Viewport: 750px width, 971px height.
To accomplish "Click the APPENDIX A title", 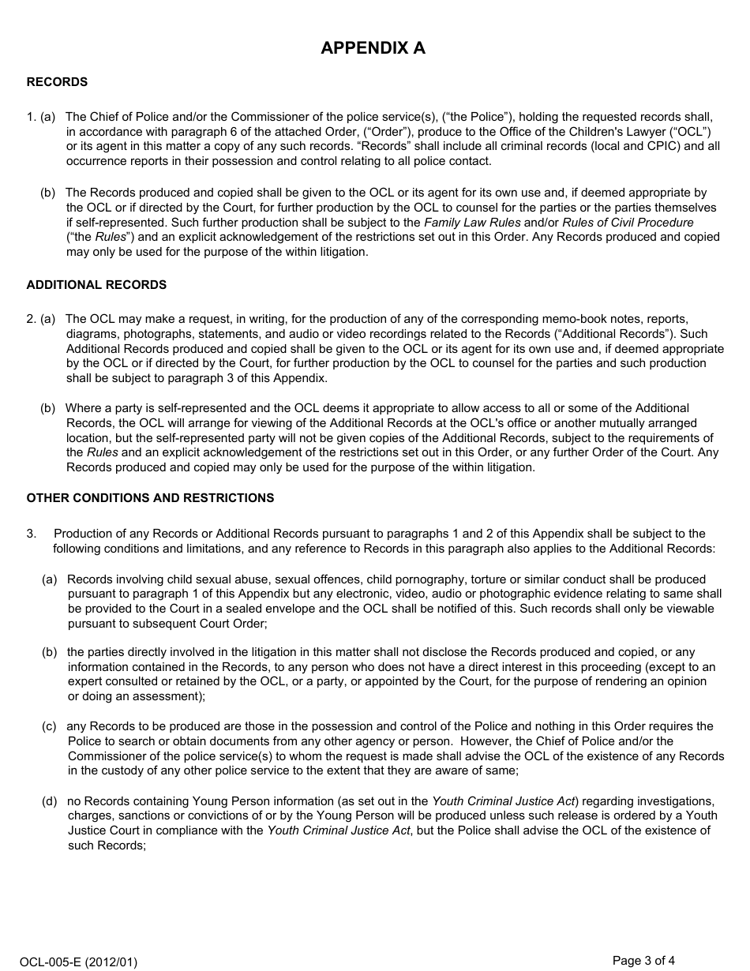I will click(x=373, y=48).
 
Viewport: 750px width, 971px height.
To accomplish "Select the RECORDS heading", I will click(x=57, y=82).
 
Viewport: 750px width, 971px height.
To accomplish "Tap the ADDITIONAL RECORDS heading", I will click(x=96, y=285).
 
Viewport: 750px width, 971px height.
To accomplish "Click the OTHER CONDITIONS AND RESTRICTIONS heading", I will click(x=150, y=498).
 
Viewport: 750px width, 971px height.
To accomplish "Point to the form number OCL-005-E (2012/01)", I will click(x=79, y=962).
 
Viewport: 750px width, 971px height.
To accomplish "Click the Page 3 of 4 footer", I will click(x=643, y=961).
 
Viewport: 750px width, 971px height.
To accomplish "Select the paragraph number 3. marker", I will click(x=32, y=534).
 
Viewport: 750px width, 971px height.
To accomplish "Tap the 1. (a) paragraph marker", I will click(x=41, y=117).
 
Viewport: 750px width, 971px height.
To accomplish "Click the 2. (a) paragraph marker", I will click(x=41, y=319).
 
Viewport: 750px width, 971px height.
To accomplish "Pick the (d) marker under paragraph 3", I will click(x=49, y=801).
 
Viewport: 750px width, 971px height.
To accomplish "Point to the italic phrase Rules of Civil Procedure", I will click(x=628, y=223).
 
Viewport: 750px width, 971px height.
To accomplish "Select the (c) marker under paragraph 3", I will click(x=49, y=726).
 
